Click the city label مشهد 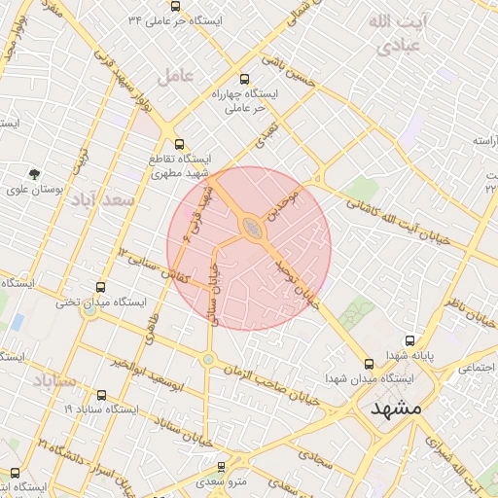pyautogui.click(x=397, y=409)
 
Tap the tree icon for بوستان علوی pyautogui.click(x=35, y=175)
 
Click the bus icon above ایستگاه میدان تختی pyautogui.click(x=100, y=287)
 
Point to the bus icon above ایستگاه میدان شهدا pyautogui.click(x=369, y=364)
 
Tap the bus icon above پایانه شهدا pyautogui.click(x=409, y=341)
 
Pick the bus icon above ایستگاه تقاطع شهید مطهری pyautogui.click(x=177, y=144)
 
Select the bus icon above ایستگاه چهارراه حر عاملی pyautogui.click(x=243, y=80)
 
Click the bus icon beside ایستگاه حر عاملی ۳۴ pyautogui.click(x=132, y=19)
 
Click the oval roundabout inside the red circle pyautogui.click(x=251, y=227)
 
